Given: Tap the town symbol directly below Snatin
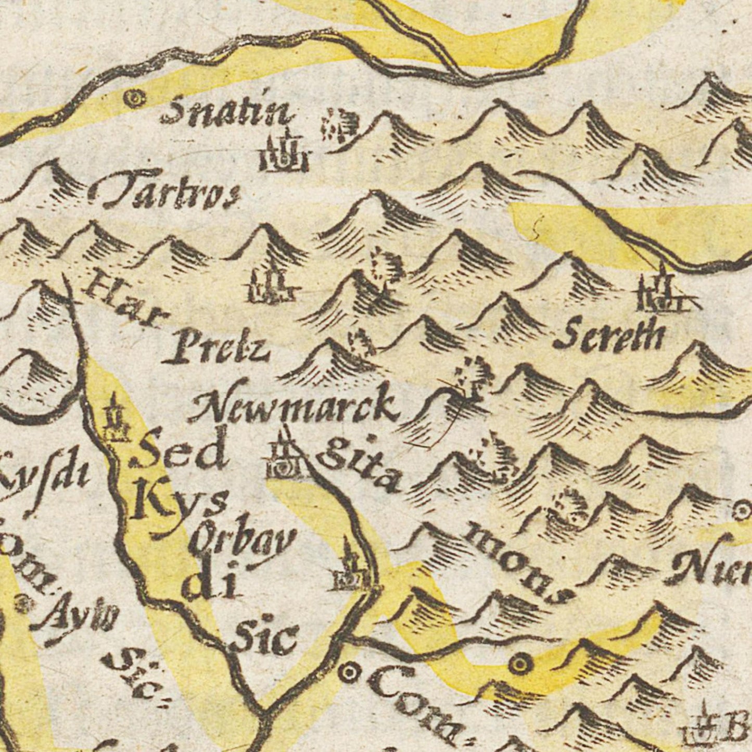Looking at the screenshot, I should (284, 154).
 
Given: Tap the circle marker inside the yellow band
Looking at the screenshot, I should (520, 663).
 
